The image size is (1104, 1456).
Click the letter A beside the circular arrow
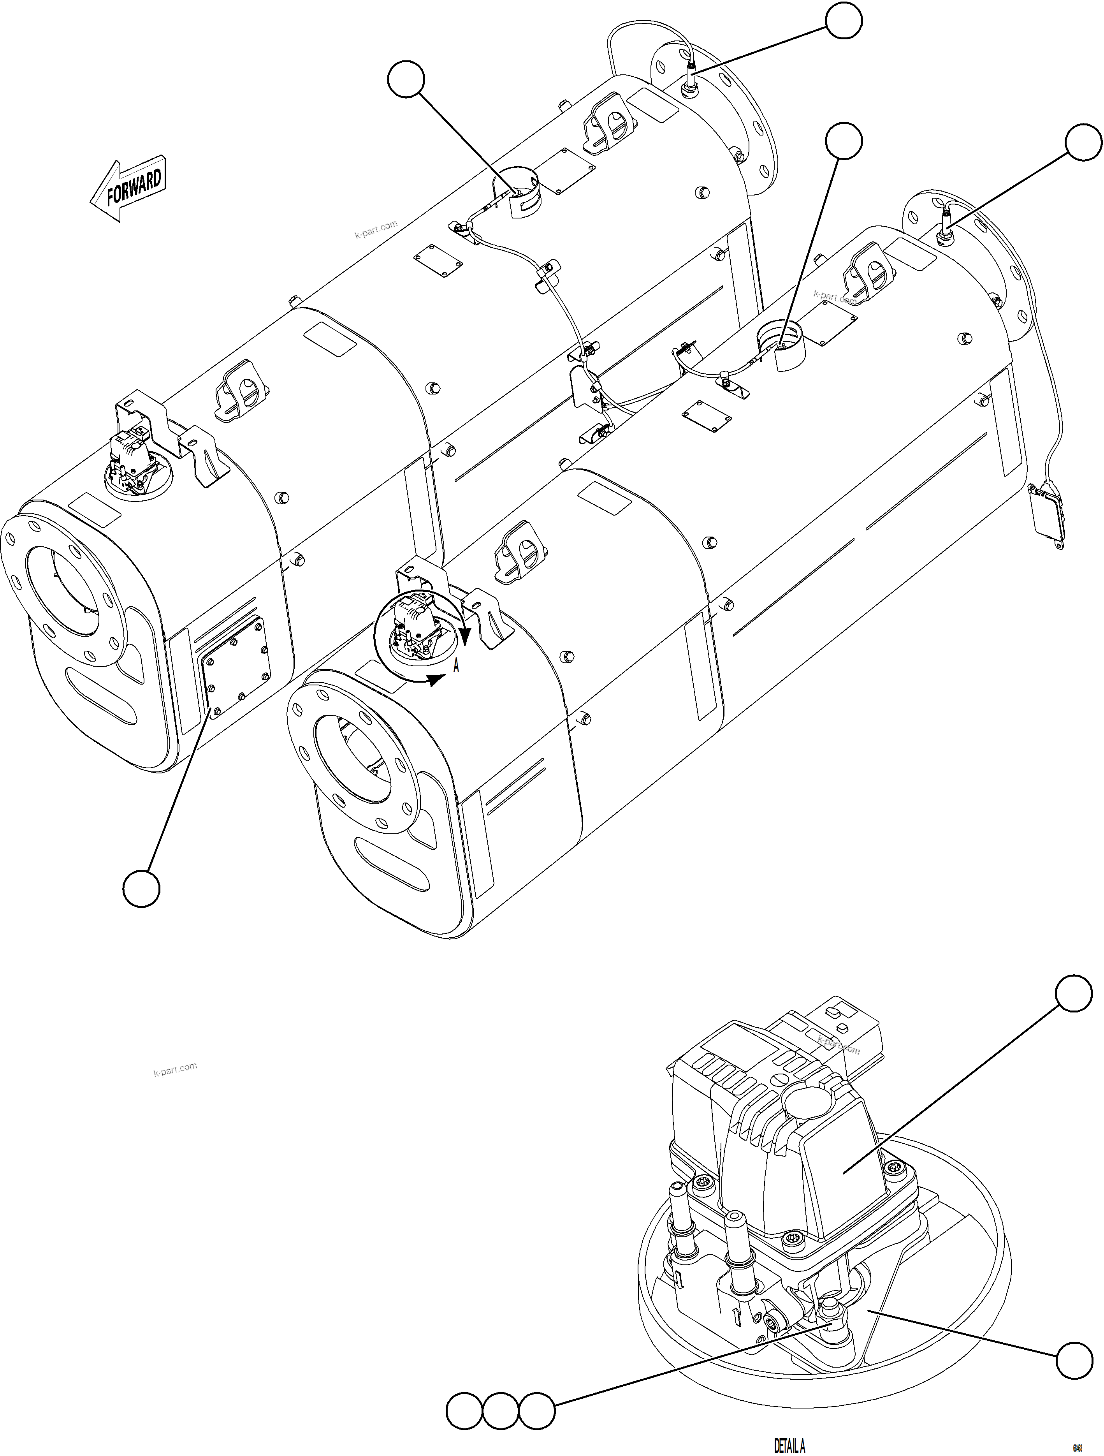point(455,666)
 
